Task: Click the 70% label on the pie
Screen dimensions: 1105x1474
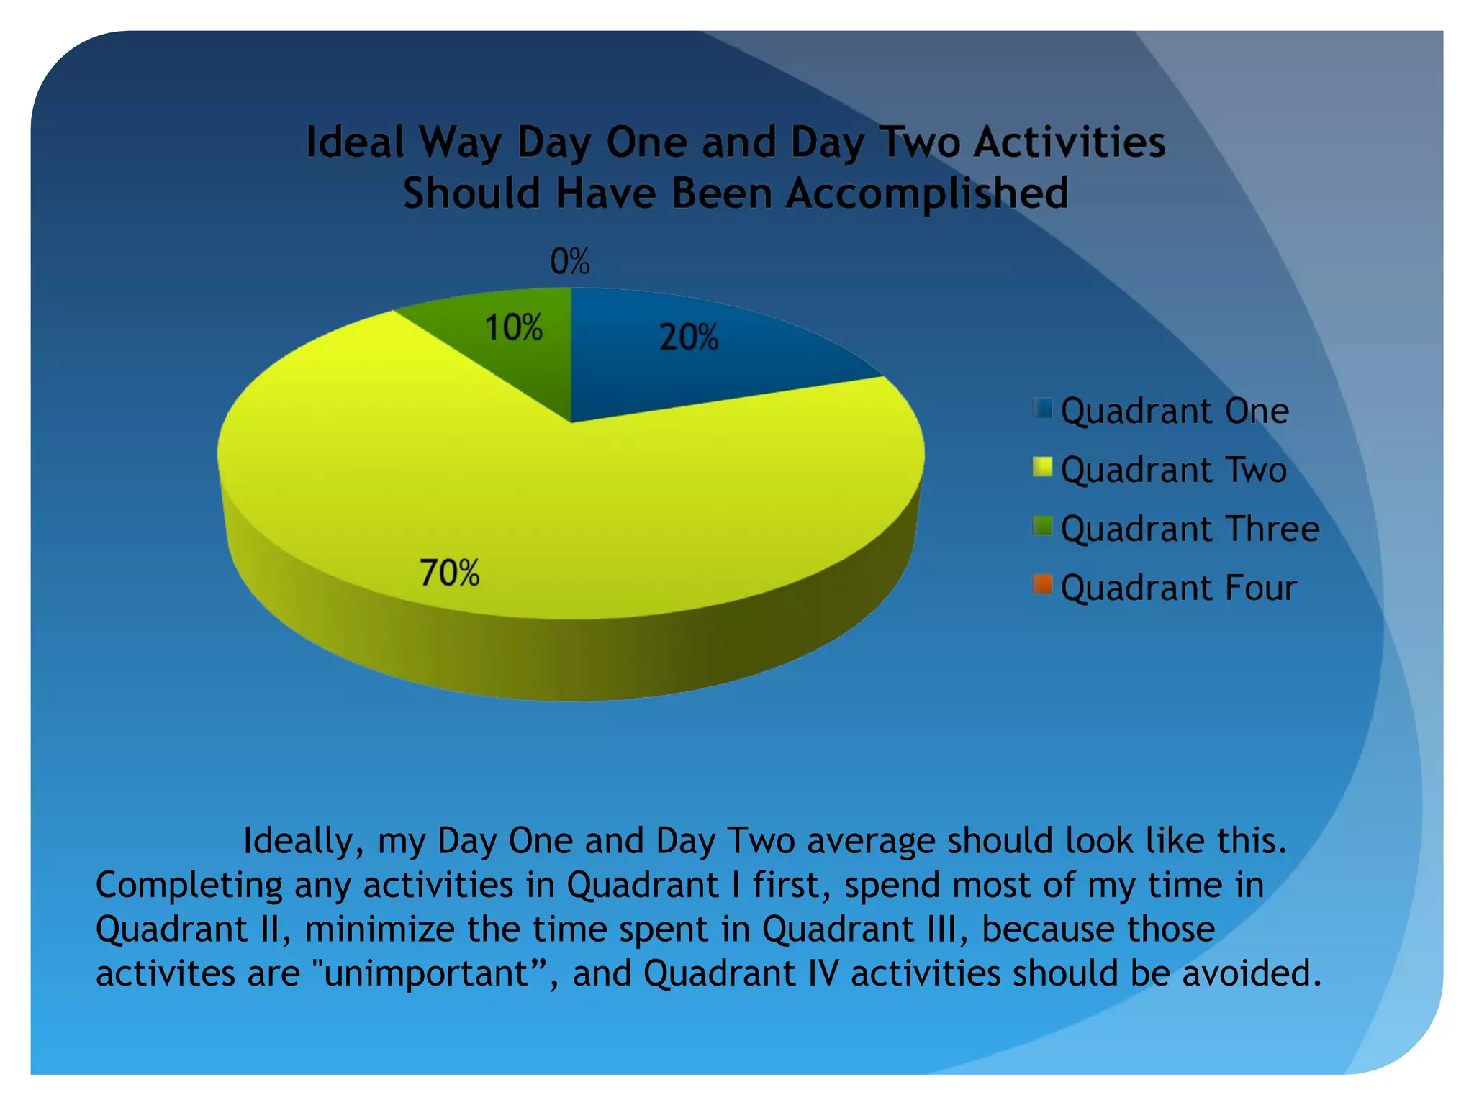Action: (449, 573)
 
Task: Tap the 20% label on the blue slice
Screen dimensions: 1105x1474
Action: (689, 337)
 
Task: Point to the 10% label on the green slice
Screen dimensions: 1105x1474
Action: (513, 328)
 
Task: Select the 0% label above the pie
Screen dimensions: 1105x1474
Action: (569, 261)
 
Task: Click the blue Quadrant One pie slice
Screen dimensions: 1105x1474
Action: (720, 374)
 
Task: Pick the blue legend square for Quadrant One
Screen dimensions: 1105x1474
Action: (1041, 409)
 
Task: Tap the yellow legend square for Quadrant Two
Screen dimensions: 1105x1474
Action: (1041, 468)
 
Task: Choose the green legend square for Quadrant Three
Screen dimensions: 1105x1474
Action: (1041, 527)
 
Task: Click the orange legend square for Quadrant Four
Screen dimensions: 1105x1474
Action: (1041, 585)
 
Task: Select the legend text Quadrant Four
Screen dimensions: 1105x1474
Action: (1178, 588)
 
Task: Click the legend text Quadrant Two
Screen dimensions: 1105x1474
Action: (1173, 470)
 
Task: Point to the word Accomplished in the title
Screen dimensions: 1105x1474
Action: (926, 194)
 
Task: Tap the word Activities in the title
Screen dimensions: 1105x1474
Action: (1070, 142)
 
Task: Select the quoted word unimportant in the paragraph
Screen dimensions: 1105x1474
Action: (426, 973)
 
